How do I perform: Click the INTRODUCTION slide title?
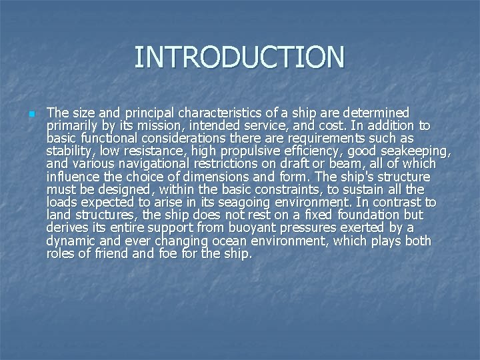tap(239, 57)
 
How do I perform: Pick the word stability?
tap(69, 151)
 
